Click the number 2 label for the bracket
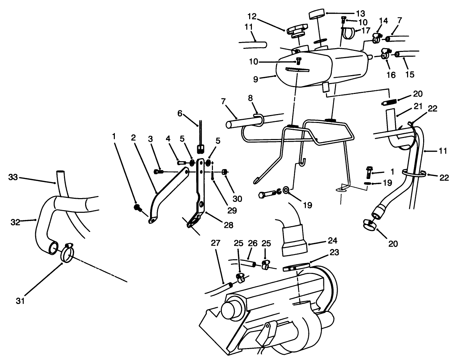pyautogui.click(x=133, y=137)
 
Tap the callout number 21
pyautogui.click(x=418, y=106)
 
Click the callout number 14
pyautogui.click(x=383, y=21)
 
